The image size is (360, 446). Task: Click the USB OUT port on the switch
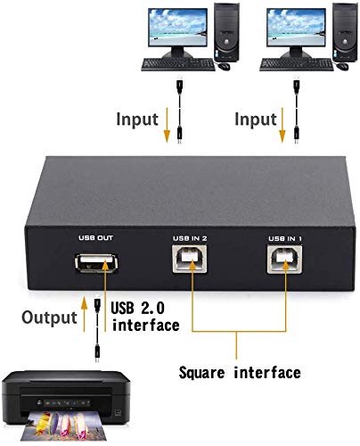96,263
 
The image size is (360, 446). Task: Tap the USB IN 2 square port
190,259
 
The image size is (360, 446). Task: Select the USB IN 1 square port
284,259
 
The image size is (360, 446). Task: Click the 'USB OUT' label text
95,238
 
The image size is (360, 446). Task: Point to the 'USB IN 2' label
190,238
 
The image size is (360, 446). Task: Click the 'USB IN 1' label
285,238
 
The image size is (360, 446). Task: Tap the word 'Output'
49,318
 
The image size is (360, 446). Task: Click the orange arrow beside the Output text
85,313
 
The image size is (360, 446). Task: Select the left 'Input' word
137,120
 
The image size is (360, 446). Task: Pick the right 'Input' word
256,120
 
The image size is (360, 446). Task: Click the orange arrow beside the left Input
167,125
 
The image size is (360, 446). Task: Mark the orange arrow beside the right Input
282,125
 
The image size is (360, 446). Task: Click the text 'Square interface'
240,373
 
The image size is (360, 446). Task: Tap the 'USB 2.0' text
137,308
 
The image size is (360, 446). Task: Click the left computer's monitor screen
178,27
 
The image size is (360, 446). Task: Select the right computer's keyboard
297,64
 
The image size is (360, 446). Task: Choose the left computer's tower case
226,32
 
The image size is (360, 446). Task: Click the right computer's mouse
342,66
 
